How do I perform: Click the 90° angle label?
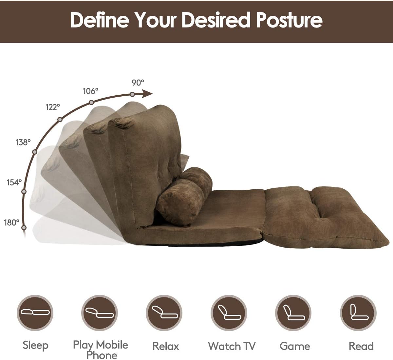tap(138, 83)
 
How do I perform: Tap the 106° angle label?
tap(90, 91)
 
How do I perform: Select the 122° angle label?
tap(53, 107)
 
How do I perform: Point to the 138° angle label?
tap(23, 142)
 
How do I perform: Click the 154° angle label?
tap(14, 182)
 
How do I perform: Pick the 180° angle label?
tap(11, 223)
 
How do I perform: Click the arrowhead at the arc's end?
tap(147, 93)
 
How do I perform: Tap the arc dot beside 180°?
tap(24, 228)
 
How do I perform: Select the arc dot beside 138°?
tap(35, 152)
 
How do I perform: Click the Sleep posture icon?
tap(35, 313)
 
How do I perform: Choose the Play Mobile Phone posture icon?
tap(100, 313)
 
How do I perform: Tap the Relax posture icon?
tap(164, 313)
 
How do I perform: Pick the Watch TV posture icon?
tap(229, 313)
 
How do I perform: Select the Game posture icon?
tap(293, 313)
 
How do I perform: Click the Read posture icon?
tap(358, 313)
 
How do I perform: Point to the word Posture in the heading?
tap(290, 20)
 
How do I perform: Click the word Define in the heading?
tap(100, 20)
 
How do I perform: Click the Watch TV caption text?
tap(232, 346)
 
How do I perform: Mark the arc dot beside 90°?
tap(132, 94)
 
